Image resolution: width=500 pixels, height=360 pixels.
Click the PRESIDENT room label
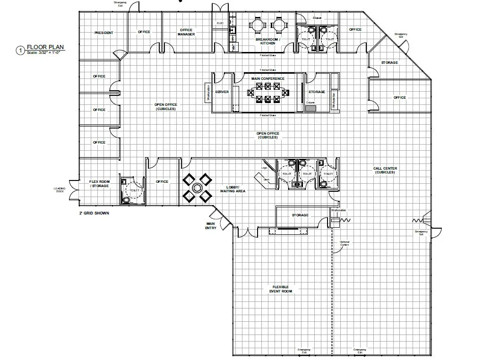[x=103, y=33]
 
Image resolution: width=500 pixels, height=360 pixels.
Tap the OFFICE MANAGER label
[x=186, y=32]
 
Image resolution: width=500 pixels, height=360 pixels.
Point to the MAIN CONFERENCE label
[x=268, y=78]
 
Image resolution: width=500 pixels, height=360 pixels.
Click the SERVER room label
[x=222, y=92]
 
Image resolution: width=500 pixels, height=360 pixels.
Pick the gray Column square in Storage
[x=310, y=108]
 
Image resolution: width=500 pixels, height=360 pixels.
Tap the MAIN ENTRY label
[x=211, y=226]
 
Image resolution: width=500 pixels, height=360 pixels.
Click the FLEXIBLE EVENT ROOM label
[x=281, y=289]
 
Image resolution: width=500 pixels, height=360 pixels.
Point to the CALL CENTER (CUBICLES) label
[x=385, y=170]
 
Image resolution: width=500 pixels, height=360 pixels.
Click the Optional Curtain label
[x=345, y=243]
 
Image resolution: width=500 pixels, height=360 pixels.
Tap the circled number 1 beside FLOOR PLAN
[x=20, y=50]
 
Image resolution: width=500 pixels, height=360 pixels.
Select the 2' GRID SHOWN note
[x=94, y=213]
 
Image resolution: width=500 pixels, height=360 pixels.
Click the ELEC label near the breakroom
[x=220, y=23]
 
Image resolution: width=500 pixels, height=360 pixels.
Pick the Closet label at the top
[x=317, y=18]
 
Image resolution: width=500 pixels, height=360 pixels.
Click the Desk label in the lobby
[x=266, y=179]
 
